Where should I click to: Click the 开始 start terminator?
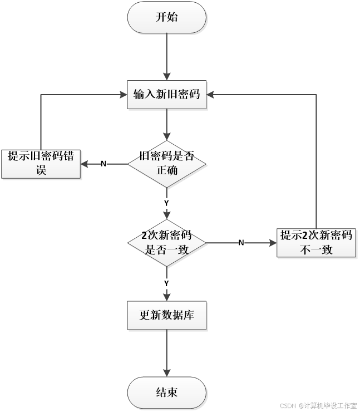(167, 17)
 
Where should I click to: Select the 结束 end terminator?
(167, 392)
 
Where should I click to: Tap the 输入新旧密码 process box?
(166, 94)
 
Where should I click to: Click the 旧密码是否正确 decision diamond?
(167, 164)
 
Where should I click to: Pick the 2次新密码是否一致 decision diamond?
(167, 243)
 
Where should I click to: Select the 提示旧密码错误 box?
(41, 164)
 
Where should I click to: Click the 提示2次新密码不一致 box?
(316, 243)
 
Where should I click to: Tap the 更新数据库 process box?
(166, 316)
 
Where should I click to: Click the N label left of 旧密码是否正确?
(103, 164)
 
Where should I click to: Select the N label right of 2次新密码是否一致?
(241, 243)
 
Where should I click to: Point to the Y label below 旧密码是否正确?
(166, 202)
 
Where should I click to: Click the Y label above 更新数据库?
(166, 284)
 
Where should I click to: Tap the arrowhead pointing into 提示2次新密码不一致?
(272, 243)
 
